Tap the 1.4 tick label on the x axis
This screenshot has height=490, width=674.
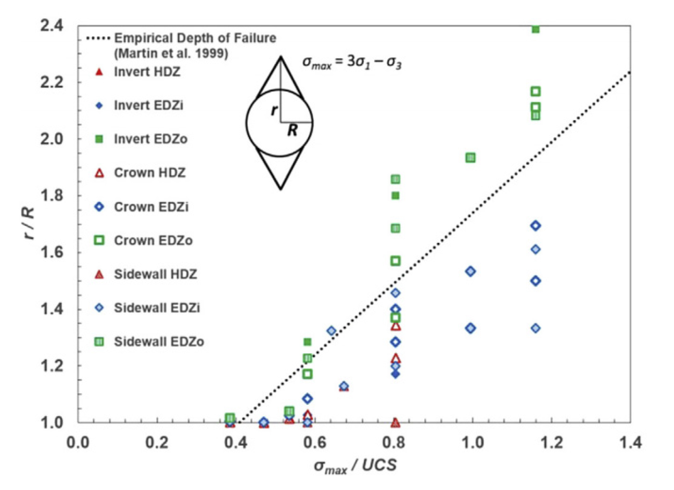[630, 443]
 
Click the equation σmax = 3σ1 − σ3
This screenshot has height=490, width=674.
[352, 62]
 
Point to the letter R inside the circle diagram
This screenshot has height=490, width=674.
[293, 130]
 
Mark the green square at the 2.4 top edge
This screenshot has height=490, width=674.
[536, 29]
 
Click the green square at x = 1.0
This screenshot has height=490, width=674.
[470, 158]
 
